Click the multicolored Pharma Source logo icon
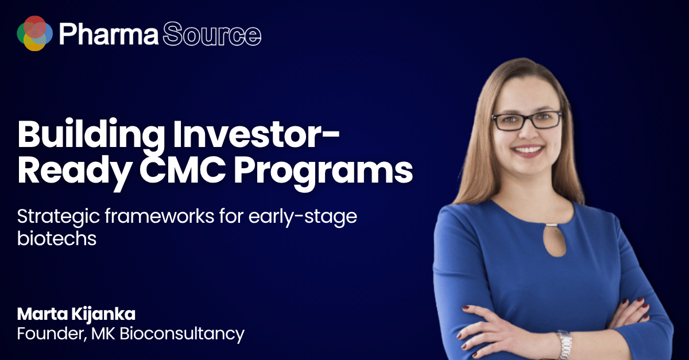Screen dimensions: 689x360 click(x=35, y=33)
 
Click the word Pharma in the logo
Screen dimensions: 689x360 click(x=109, y=34)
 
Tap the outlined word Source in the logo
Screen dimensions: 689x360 click(x=212, y=34)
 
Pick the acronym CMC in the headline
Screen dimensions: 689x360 click(x=183, y=169)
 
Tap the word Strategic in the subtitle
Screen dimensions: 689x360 click(x=59, y=217)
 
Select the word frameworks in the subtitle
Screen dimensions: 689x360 click(x=160, y=216)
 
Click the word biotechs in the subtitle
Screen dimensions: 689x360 click(x=57, y=238)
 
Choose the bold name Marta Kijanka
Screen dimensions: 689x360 click(x=76, y=314)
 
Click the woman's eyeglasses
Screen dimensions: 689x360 click(x=527, y=121)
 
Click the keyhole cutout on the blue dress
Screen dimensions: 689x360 click(x=554, y=241)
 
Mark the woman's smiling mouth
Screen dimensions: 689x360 click(x=528, y=151)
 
